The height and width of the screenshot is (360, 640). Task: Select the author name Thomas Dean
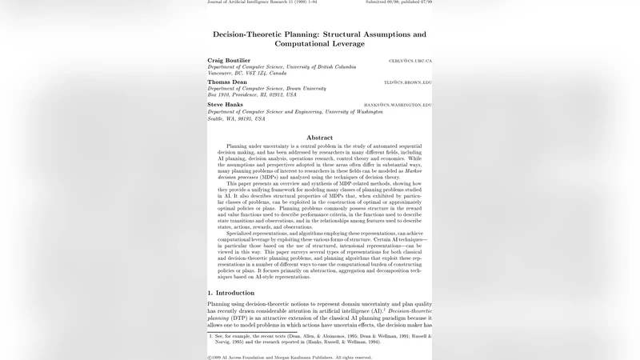[x=226, y=82]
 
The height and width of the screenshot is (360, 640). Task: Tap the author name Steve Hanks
[x=225, y=104]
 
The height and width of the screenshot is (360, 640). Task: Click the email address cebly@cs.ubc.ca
[x=410, y=61]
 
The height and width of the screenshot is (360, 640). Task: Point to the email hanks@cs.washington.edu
[x=398, y=105]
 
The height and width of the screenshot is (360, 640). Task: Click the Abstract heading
[x=319, y=138]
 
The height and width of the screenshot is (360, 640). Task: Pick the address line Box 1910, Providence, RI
[x=251, y=94]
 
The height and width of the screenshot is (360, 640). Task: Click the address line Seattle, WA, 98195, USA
[x=236, y=118]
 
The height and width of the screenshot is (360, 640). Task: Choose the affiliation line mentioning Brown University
[x=266, y=88]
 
